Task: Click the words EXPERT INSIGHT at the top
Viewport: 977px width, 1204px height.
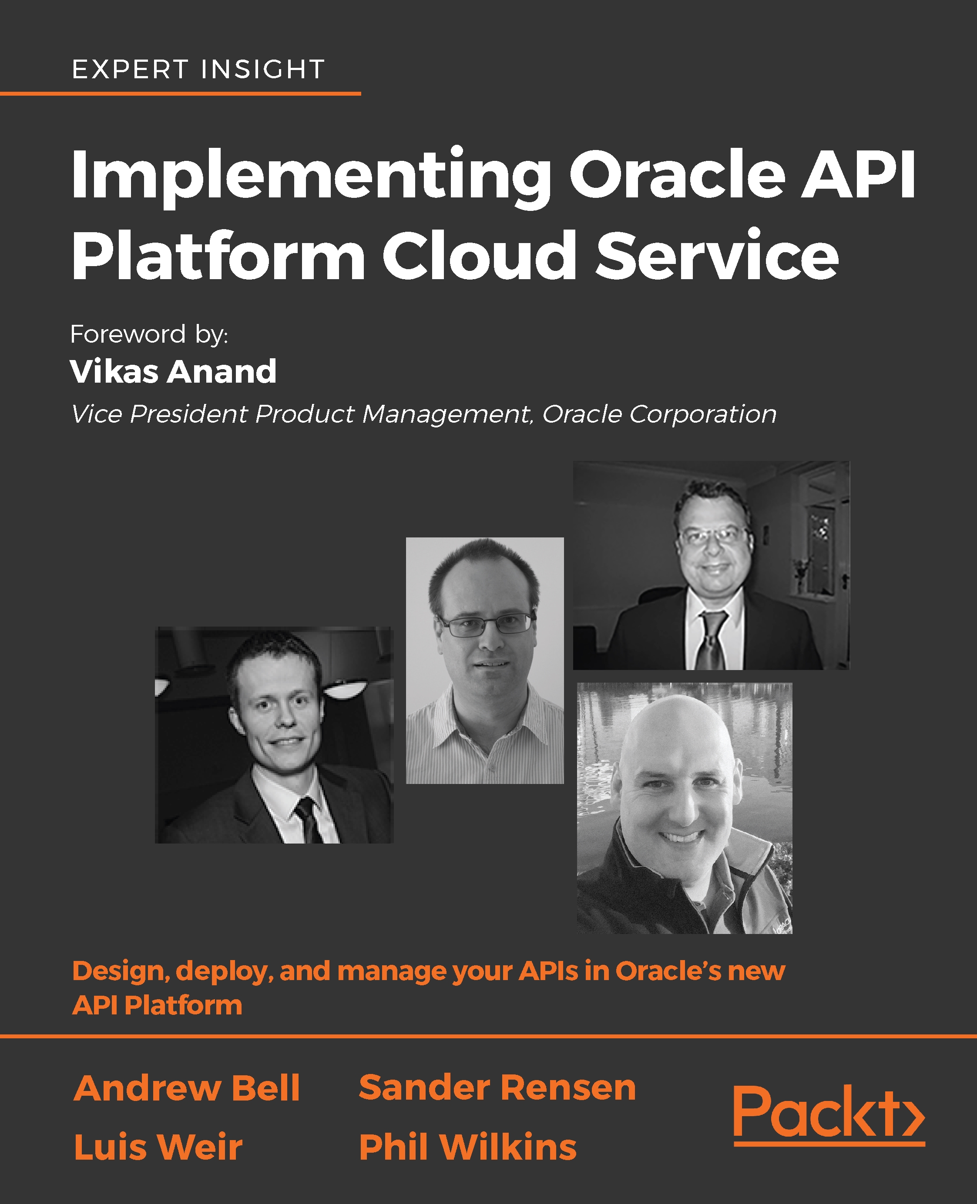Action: coord(198,70)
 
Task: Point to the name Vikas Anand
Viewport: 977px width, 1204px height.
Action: coord(173,372)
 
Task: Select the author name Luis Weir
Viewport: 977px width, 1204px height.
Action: coord(158,1147)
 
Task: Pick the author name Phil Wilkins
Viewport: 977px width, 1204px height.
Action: coord(468,1147)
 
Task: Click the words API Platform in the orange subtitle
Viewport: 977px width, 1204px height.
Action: coord(158,1005)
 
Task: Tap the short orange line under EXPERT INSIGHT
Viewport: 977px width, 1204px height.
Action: coord(180,93)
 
